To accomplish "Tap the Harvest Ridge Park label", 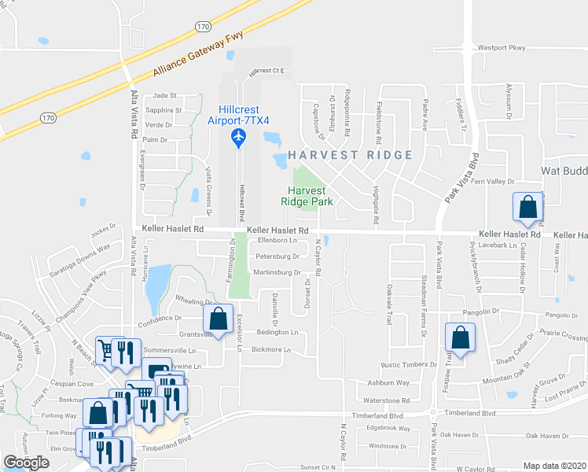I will tap(307, 196).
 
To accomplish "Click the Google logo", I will tap(26, 463).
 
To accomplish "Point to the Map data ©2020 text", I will tap(554, 466).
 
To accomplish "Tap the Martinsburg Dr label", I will tap(277, 273).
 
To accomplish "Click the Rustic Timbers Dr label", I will tap(409, 365).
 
